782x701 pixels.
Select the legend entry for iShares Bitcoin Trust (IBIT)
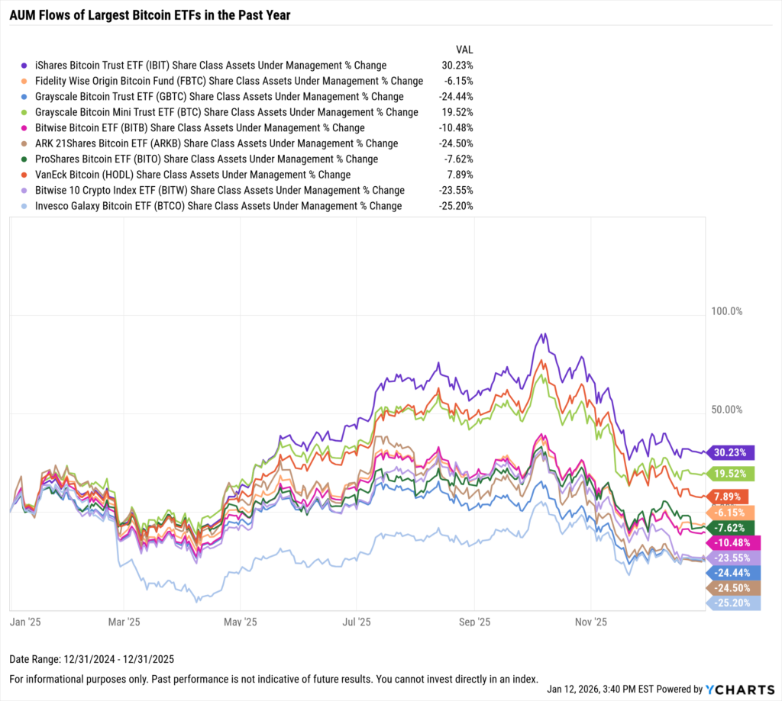click(x=210, y=66)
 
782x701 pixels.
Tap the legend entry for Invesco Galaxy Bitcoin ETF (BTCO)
click(x=218, y=206)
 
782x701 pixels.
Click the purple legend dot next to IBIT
click(x=25, y=66)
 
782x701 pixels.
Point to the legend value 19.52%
click(x=457, y=112)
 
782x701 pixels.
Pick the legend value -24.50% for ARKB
click(x=457, y=143)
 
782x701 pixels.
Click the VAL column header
click(x=464, y=50)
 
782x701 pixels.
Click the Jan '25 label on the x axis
click(x=26, y=622)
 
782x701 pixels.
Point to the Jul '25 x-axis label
click(x=356, y=622)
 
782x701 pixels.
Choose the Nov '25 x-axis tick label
click(x=590, y=622)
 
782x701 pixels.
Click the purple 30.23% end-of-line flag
click(x=731, y=452)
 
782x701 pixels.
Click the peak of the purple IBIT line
click(x=543, y=334)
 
